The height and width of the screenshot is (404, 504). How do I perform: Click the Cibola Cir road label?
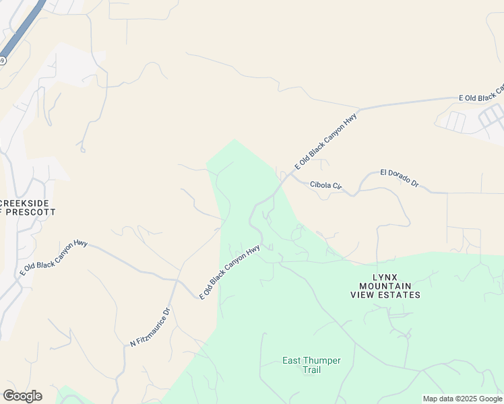point(326,184)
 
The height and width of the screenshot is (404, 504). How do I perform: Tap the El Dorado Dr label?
point(400,178)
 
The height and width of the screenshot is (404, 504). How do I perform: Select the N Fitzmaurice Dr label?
point(150,327)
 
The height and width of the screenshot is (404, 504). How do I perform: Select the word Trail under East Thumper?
point(311,370)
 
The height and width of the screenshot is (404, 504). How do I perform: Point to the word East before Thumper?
point(292,360)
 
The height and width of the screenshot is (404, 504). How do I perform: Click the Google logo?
point(22,396)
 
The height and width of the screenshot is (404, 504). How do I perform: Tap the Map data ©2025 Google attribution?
point(462,399)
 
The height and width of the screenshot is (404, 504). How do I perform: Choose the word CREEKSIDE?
point(26,203)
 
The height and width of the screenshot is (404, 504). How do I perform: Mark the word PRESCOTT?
point(31,211)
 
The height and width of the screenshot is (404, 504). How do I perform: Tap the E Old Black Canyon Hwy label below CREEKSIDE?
point(55,257)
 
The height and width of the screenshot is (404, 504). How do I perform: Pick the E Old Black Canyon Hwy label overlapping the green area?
point(230,272)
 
